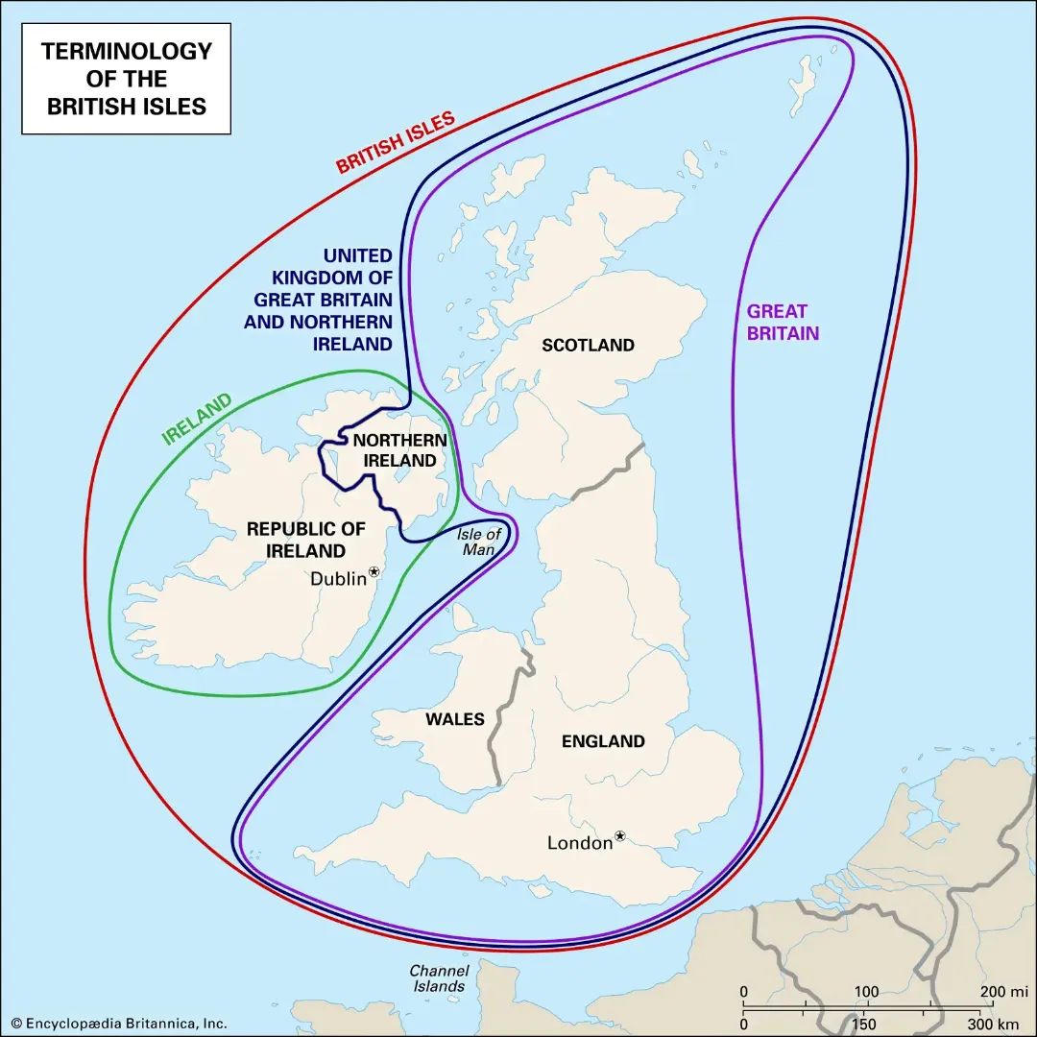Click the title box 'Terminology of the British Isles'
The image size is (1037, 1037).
click(x=127, y=79)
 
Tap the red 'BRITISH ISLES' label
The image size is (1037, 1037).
click(x=395, y=143)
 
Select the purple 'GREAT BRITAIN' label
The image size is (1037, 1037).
click(x=784, y=323)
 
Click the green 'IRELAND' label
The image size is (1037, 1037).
click(x=197, y=419)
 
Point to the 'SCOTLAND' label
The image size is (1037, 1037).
click(x=588, y=345)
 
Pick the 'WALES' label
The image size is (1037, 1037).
click(x=455, y=719)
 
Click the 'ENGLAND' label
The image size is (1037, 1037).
click(x=603, y=741)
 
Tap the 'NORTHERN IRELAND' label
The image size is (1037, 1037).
click(x=399, y=450)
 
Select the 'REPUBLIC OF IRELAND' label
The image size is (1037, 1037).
click(x=306, y=540)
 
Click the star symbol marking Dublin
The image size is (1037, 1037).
click(x=374, y=571)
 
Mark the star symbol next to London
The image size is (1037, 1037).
click(x=620, y=836)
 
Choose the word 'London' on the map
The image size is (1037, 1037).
click(x=579, y=843)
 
